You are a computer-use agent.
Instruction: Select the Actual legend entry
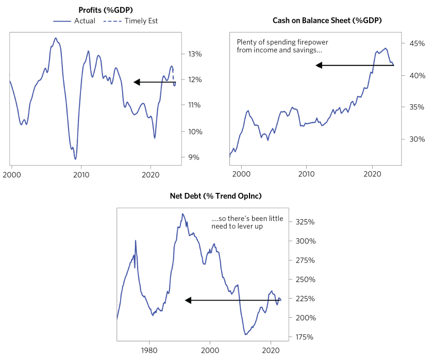[x=74, y=21]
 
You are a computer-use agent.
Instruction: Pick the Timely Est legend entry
[x=131, y=21]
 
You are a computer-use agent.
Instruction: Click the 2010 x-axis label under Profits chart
[x=81, y=175]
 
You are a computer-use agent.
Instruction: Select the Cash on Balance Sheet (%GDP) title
[x=323, y=20]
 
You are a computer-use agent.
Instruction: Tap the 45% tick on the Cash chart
[x=417, y=43]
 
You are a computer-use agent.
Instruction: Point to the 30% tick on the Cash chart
[x=417, y=139]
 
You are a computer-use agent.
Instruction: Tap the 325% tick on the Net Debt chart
[x=305, y=222]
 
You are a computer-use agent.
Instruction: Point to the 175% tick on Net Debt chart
[x=305, y=337]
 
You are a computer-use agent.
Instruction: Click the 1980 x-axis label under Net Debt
[x=149, y=349]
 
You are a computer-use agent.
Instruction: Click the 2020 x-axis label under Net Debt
[x=270, y=349]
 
